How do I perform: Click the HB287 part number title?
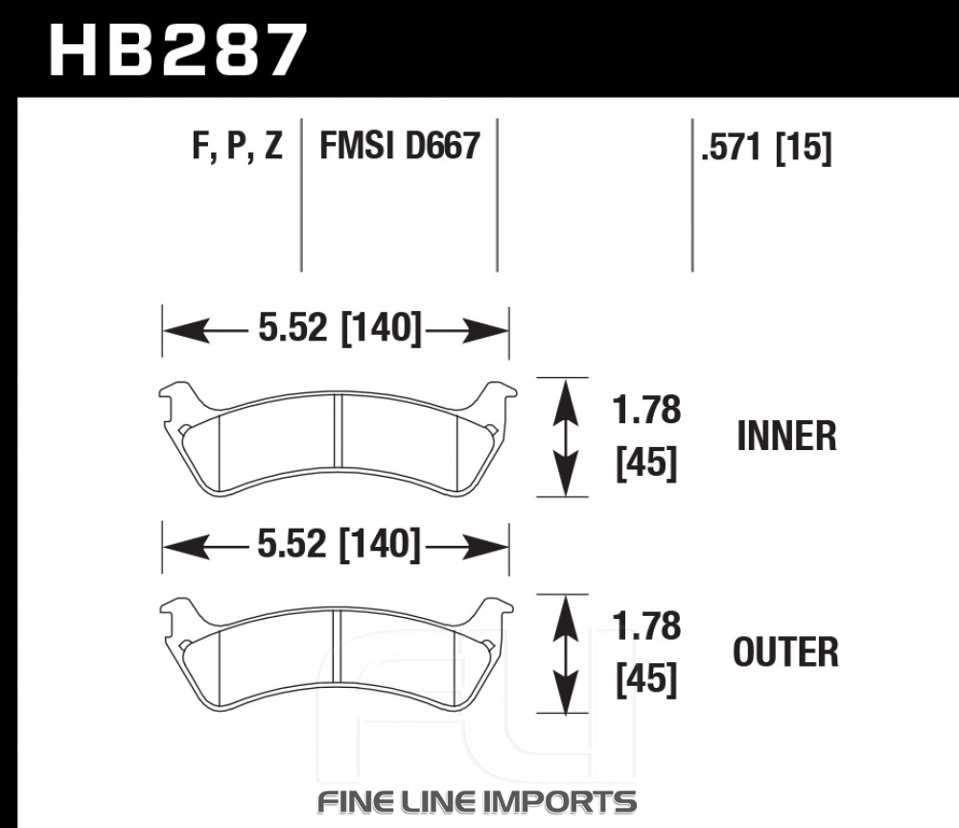click(177, 50)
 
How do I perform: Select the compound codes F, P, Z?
click(237, 146)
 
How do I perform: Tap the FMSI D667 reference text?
click(400, 146)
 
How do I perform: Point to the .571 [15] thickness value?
click(766, 148)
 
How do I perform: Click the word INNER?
click(786, 436)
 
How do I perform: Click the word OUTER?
click(786, 651)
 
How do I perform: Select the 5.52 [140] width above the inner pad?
click(340, 328)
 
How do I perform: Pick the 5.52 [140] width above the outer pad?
click(339, 544)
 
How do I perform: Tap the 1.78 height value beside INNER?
click(646, 410)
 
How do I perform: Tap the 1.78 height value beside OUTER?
click(646, 627)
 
